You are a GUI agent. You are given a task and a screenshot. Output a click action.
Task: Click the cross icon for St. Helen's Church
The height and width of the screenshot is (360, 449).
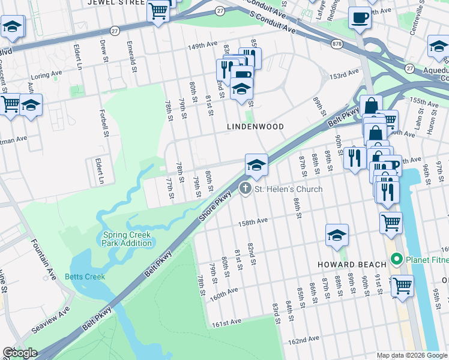(x=245, y=189)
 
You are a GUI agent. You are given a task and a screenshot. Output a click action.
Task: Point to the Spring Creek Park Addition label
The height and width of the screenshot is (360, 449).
(x=127, y=239)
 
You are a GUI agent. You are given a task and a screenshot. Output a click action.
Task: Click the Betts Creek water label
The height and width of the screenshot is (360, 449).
(x=85, y=277)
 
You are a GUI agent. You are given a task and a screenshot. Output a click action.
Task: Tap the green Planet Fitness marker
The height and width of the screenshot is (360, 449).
(x=396, y=260)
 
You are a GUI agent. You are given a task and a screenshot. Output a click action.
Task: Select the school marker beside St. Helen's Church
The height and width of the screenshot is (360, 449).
(x=256, y=165)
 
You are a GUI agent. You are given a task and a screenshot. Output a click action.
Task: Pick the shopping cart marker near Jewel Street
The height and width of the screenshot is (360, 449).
(x=158, y=10)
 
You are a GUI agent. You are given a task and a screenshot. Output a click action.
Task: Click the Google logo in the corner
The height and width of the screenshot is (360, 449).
(x=20, y=353)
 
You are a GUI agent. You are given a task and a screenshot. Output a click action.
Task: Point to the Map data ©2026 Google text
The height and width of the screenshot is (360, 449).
(x=412, y=355)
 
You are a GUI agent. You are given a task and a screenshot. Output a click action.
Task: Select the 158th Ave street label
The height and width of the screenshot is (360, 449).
(x=253, y=221)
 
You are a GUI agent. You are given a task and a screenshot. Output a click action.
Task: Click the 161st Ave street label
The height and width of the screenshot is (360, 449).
(x=226, y=323)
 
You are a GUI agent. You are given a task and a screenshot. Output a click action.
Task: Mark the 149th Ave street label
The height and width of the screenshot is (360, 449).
(x=202, y=45)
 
